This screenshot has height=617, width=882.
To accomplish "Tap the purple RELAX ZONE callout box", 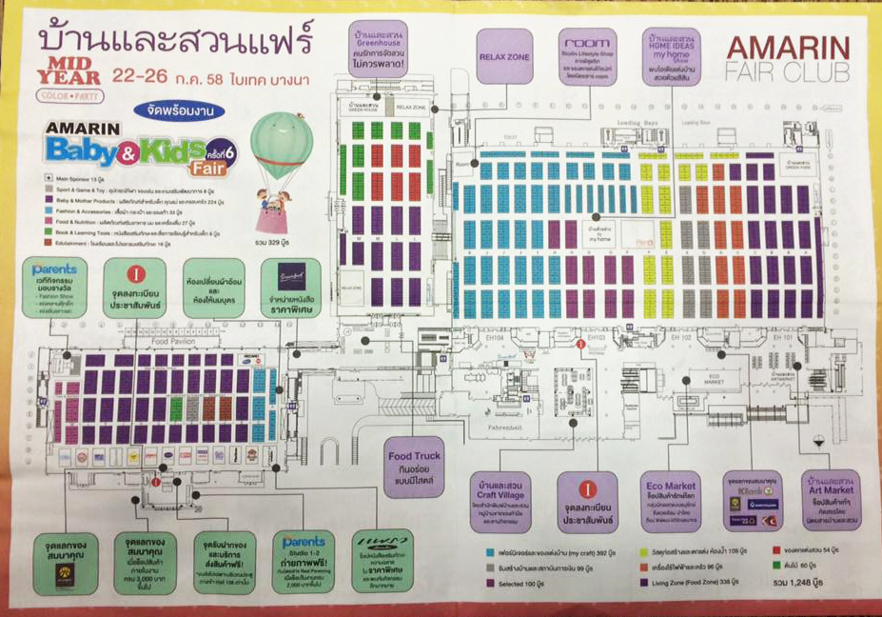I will [x=504, y=56].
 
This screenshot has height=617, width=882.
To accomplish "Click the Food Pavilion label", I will [x=172, y=340].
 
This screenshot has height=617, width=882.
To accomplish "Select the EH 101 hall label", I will [x=781, y=338].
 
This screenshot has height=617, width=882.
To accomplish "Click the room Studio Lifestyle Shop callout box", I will [x=587, y=56].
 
